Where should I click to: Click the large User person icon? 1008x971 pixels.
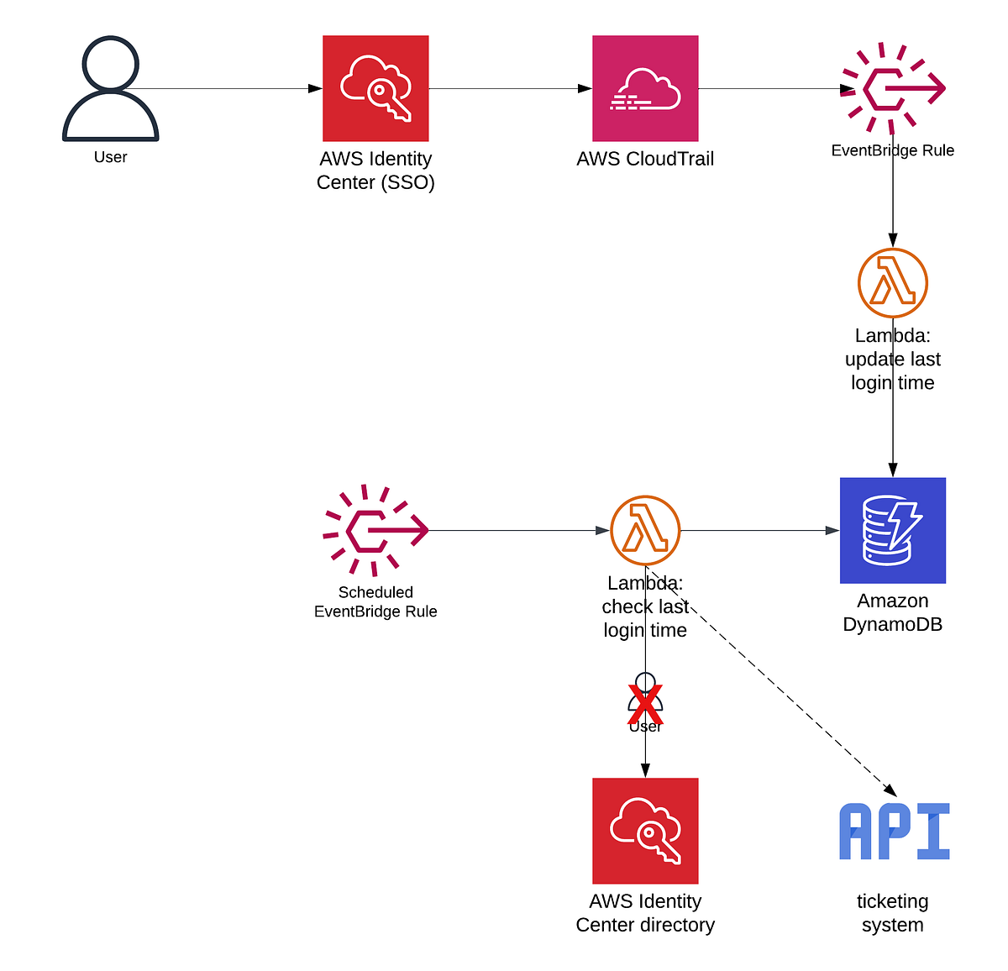point(110,89)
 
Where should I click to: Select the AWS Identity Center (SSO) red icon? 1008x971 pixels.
point(375,88)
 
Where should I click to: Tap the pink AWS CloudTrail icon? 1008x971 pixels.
point(645,88)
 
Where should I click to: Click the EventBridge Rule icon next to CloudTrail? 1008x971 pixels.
point(892,88)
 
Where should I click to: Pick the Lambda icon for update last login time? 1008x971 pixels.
point(892,283)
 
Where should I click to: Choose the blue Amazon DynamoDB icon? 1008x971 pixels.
point(892,530)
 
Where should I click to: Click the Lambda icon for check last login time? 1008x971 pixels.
point(645,530)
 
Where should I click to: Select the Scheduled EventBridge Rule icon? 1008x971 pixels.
point(375,530)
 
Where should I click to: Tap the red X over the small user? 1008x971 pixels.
point(645,705)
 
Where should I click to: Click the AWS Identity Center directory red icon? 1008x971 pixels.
point(645,831)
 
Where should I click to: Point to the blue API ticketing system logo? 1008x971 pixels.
point(894,832)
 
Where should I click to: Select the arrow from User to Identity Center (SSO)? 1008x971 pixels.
point(227,88)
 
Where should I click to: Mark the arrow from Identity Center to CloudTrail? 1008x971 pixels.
point(510,88)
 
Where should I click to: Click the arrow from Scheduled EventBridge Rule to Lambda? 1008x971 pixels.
point(517,530)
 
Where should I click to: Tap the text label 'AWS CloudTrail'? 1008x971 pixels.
point(645,159)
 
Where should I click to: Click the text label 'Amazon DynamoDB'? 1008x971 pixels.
point(892,612)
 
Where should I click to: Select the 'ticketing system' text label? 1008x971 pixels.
point(892,913)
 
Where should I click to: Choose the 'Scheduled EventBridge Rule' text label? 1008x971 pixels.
point(375,601)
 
